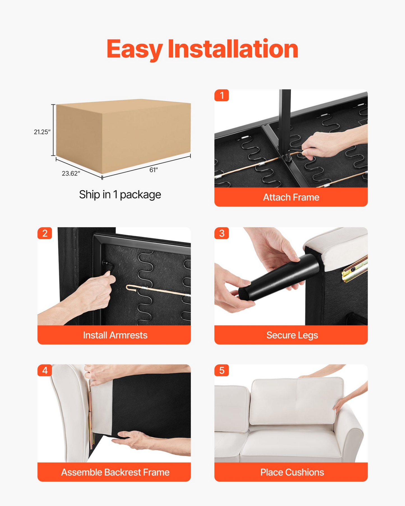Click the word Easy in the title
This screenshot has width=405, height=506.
click(135, 50)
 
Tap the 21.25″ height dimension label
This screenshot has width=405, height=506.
click(42, 132)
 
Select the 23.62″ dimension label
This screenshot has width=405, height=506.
click(71, 173)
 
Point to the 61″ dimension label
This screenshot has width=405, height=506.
click(154, 170)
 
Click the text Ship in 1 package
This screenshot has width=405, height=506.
click(120, 194)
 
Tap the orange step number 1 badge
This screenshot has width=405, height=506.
click(222, 96)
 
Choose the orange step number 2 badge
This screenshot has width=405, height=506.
click(45, 233)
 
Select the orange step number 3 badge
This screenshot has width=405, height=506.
click(222, 233)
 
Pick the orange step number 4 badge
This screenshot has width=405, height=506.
click(45, 370)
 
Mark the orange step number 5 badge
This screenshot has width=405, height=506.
click(222, 370)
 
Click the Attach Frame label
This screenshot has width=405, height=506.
click(291, 197)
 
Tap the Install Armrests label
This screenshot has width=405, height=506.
click(115, 335)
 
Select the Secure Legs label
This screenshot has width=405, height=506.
click(292, 335)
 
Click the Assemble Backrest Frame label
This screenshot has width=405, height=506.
click(115, 472)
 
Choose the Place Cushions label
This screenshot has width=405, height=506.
click(292, 472)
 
